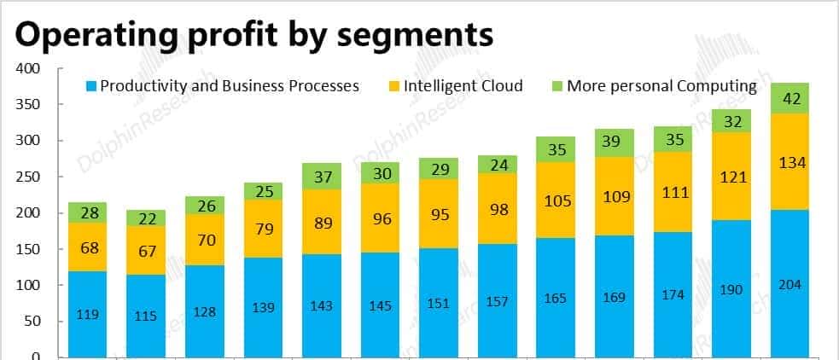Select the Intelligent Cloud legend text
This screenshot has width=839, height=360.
click(x=463, y=86)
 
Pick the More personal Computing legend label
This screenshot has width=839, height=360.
click(x=661, y=86)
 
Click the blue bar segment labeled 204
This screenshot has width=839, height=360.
click(x=790, y=283)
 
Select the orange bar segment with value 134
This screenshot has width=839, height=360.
click(x=790, y=162)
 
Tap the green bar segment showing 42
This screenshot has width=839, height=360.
click(x=790, y=99)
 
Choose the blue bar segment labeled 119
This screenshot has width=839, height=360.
click(x=87, y=314)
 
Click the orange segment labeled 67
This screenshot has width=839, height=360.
click(x=146, y=250)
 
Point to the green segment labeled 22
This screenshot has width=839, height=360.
click(x=146, y=218)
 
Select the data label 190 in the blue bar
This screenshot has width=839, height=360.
click(x=731, y=289)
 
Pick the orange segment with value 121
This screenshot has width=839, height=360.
click(x=731, y=177)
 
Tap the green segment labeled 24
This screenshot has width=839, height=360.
click(x=498, y=165)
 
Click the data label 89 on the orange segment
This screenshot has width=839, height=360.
click(x=322, y=223)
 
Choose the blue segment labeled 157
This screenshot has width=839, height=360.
click(x=498, y=300)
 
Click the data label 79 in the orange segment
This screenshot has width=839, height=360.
click(x=263, y=229)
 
